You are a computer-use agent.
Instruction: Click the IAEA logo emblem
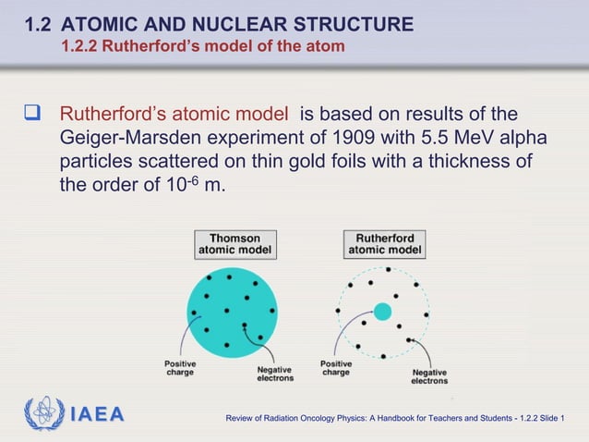pos(44,413)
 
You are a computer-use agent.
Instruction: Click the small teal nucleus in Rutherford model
pos(382,311)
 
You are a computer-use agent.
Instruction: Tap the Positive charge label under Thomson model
pos(179,368)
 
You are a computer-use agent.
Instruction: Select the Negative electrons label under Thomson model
pos(274,373)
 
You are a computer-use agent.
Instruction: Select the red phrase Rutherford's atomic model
pos(174,115)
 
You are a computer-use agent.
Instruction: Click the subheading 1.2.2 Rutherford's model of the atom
pos(202,45)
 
